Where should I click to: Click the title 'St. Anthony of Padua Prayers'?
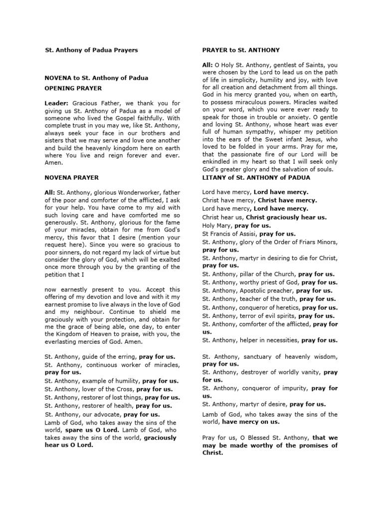91,50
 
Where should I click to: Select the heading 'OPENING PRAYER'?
73,88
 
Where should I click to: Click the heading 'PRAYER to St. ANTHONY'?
241,50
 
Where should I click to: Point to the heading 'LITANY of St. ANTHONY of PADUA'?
256,178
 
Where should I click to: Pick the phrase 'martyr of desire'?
262,404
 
